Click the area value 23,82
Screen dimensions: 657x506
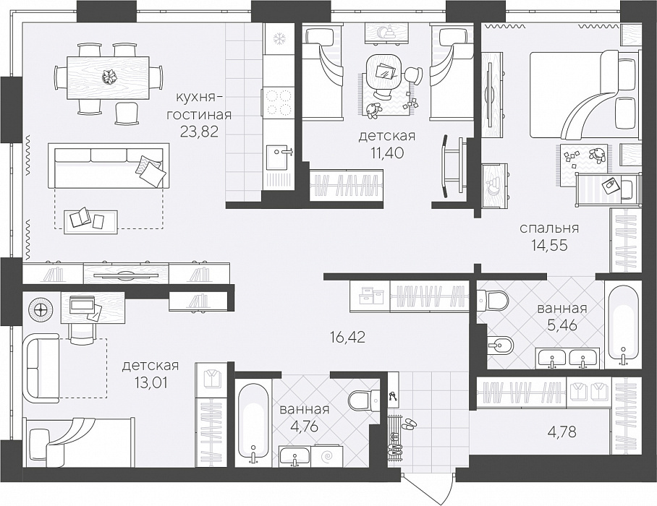[200, 132]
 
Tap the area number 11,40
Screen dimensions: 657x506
[386, 153]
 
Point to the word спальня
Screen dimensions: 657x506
[549, 228]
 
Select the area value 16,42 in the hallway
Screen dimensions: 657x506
[347, 337]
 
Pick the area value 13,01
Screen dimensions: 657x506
[150, 382]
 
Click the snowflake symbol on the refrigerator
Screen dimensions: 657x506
[279, 39]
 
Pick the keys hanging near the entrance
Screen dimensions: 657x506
[393, 396]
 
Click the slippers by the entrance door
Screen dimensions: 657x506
[409, 424]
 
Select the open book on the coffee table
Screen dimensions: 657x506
[79, 218]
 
